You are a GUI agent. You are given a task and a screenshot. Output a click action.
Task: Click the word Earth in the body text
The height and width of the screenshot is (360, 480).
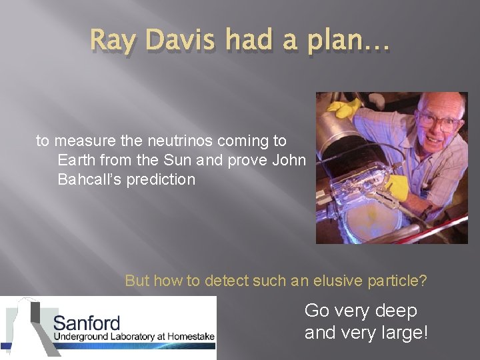point(76,160)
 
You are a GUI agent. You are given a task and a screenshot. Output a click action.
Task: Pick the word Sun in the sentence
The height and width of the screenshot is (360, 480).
point(195,160)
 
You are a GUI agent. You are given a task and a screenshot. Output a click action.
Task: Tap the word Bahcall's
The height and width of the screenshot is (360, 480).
point(87,179)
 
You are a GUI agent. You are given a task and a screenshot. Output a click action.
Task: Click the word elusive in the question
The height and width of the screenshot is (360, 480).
point(325,281)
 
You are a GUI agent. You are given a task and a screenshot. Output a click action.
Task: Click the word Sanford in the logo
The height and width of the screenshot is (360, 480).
point(86,323)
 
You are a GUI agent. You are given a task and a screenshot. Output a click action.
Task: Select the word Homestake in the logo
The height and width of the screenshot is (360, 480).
point(190,337)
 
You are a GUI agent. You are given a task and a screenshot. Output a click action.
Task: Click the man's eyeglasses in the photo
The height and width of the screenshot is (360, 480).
point(437,122)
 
